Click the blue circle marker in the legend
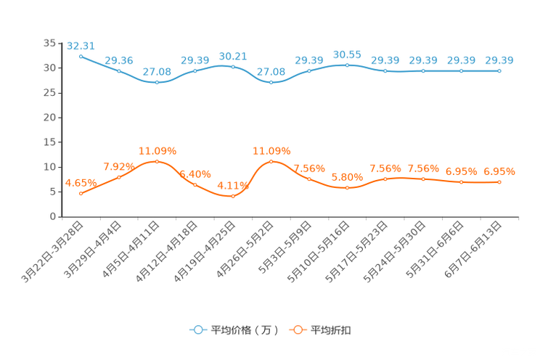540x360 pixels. coord(197,330)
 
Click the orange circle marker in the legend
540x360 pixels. coord(298,330)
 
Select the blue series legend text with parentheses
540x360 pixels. coord(244,330)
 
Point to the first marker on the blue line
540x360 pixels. coord(80,56)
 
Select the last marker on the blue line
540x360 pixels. coord(499,70)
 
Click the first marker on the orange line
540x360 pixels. coord(80,194)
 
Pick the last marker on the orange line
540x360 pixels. coord(499,182)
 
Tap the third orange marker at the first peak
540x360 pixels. coord(157,161)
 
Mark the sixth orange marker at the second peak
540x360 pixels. coord(271,161)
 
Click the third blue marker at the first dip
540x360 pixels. coord(157,82)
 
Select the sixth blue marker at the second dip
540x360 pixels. coord(271,82)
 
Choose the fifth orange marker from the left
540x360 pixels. coord(233,196)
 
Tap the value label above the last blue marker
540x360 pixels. coord(499,60)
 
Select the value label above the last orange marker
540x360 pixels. coord(499,171)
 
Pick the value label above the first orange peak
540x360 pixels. coord(157,150)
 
